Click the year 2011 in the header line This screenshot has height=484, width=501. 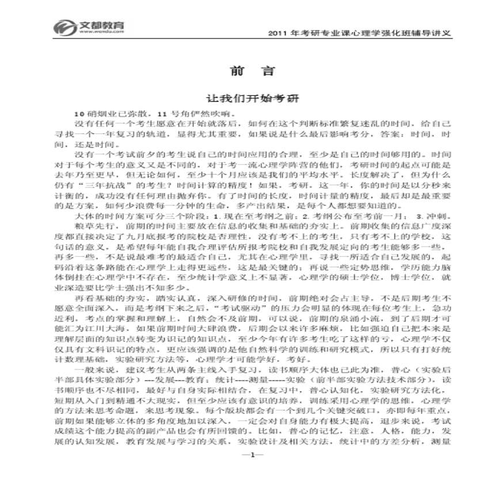[270, 33]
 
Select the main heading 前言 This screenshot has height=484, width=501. [244, 71]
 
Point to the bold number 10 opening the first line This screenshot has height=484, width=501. [79, 113]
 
